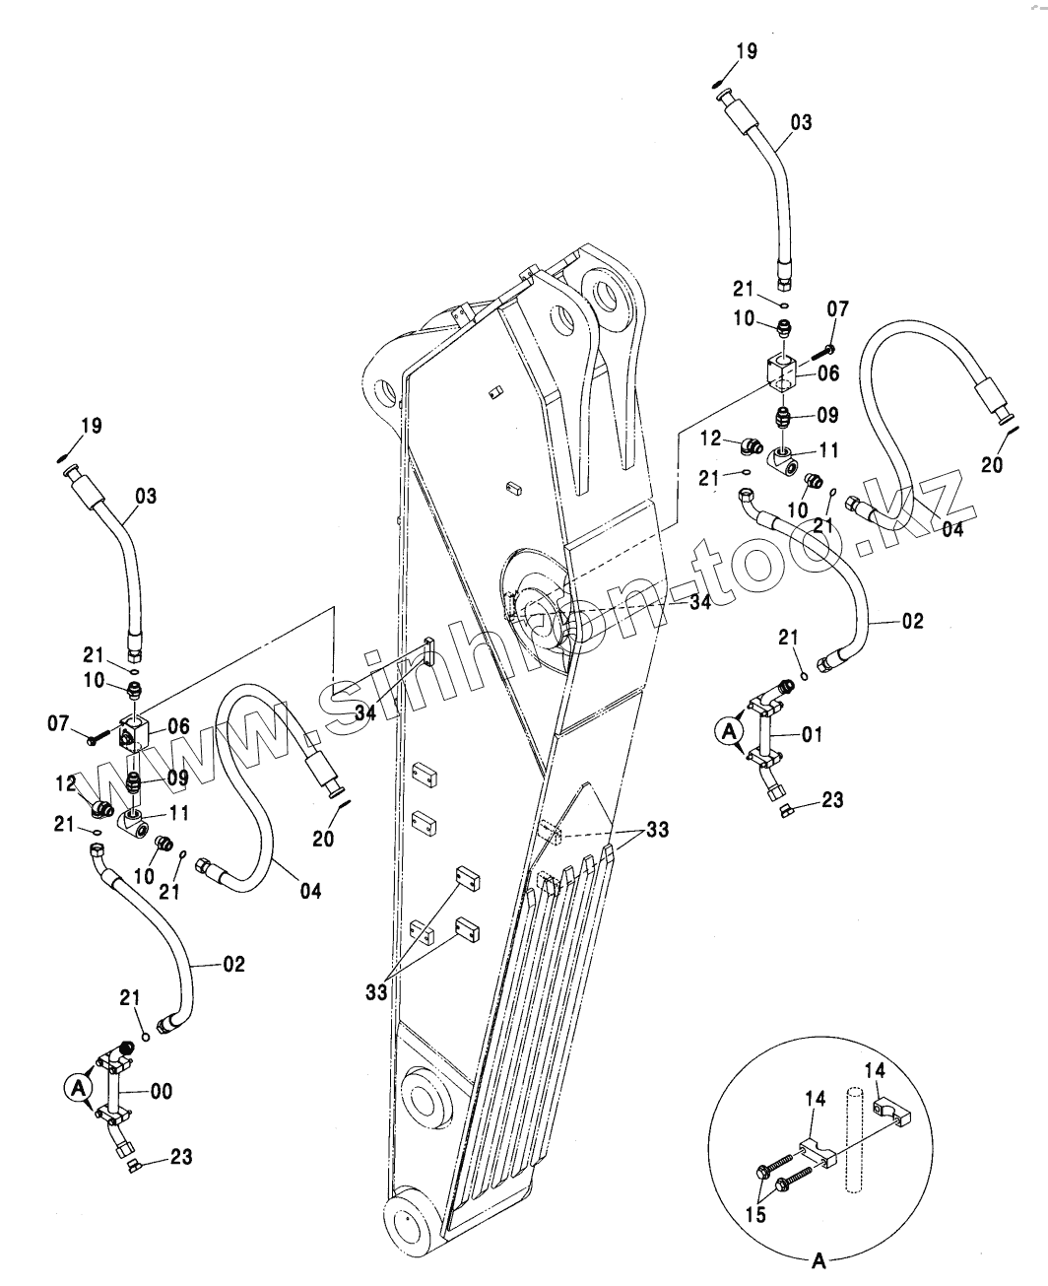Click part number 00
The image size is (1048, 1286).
pos(160,1091)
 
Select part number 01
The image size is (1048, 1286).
pos(811,734)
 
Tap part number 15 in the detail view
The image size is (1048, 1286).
pos(756,1216)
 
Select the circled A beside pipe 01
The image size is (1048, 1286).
pos(728,730)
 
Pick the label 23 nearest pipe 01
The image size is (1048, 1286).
pos(832,800)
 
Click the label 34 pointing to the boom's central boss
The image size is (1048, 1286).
pos(699,602)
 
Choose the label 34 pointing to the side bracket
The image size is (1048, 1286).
pos(364,712)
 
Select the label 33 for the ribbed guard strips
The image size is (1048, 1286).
pos(657,830)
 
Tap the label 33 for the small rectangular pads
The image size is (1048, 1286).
pos(376,991)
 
